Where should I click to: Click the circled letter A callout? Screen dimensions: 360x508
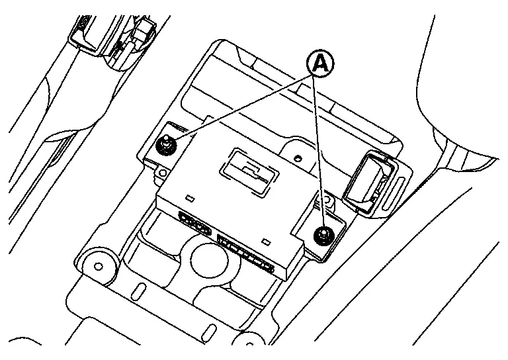[x=319, y=64]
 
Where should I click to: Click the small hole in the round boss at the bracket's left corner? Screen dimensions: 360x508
[x=99, y=266]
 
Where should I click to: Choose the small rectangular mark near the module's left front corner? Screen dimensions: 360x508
[x=189, y=198]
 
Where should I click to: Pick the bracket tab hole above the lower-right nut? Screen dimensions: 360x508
[x=325, y=199]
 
